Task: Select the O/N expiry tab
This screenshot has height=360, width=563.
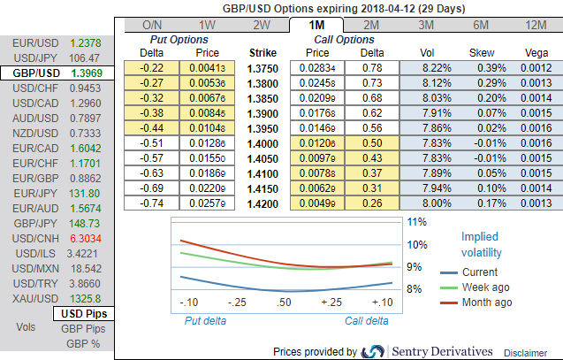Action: click(x=152, y=25)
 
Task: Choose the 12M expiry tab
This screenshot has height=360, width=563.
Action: click(x=535, y=25)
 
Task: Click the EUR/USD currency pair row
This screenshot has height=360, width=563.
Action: click(x=57, y=42)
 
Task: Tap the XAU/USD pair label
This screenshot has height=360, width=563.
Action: click(x=31, y=299)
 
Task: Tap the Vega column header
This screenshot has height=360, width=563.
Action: click(x=535, y=52)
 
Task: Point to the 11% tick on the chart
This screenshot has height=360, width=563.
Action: click(x=417, y=222)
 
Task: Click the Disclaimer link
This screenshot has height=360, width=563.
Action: click(x=531, y=352)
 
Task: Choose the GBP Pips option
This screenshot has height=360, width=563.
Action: click(x=82, y=327)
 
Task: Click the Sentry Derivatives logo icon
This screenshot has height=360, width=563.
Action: click(x=373, y=351)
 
